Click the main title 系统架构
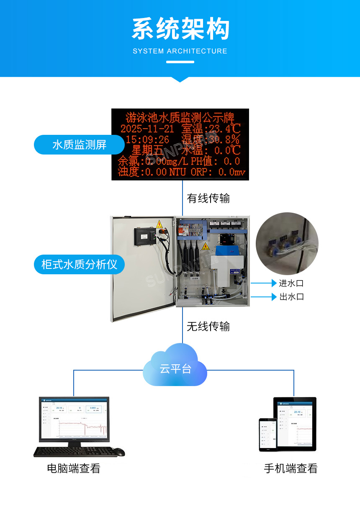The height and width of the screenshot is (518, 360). (x=180, y=29)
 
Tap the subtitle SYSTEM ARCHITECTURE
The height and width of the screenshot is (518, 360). (x=180, y=51)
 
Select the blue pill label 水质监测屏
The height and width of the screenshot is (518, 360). (x=79, y=145)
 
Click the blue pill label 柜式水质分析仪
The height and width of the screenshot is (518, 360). (x=79, y=264)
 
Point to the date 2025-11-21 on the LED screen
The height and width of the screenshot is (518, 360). (x=147, y=128)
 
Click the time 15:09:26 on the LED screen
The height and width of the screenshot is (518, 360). (x=147, y=139)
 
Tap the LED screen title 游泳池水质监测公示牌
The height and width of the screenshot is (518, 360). (x=180, y=117)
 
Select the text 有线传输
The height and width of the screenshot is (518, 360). (x=208, y=198)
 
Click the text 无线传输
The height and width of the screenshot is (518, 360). (x=208, y=326)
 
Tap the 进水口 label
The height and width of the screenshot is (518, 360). (x=291, y=283)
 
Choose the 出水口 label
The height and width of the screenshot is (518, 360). (x=291, y=297)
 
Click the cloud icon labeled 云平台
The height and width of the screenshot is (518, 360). (x=175, y=366)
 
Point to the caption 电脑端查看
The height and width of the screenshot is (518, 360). (x=74, y=468)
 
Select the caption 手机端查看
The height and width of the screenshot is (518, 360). (x=291, y=468)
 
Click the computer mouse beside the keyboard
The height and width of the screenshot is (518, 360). (x=119, y=452)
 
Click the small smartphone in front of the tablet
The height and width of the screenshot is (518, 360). (x=267, y=434)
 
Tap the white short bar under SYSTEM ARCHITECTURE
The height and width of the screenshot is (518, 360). (x=180, y=62)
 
